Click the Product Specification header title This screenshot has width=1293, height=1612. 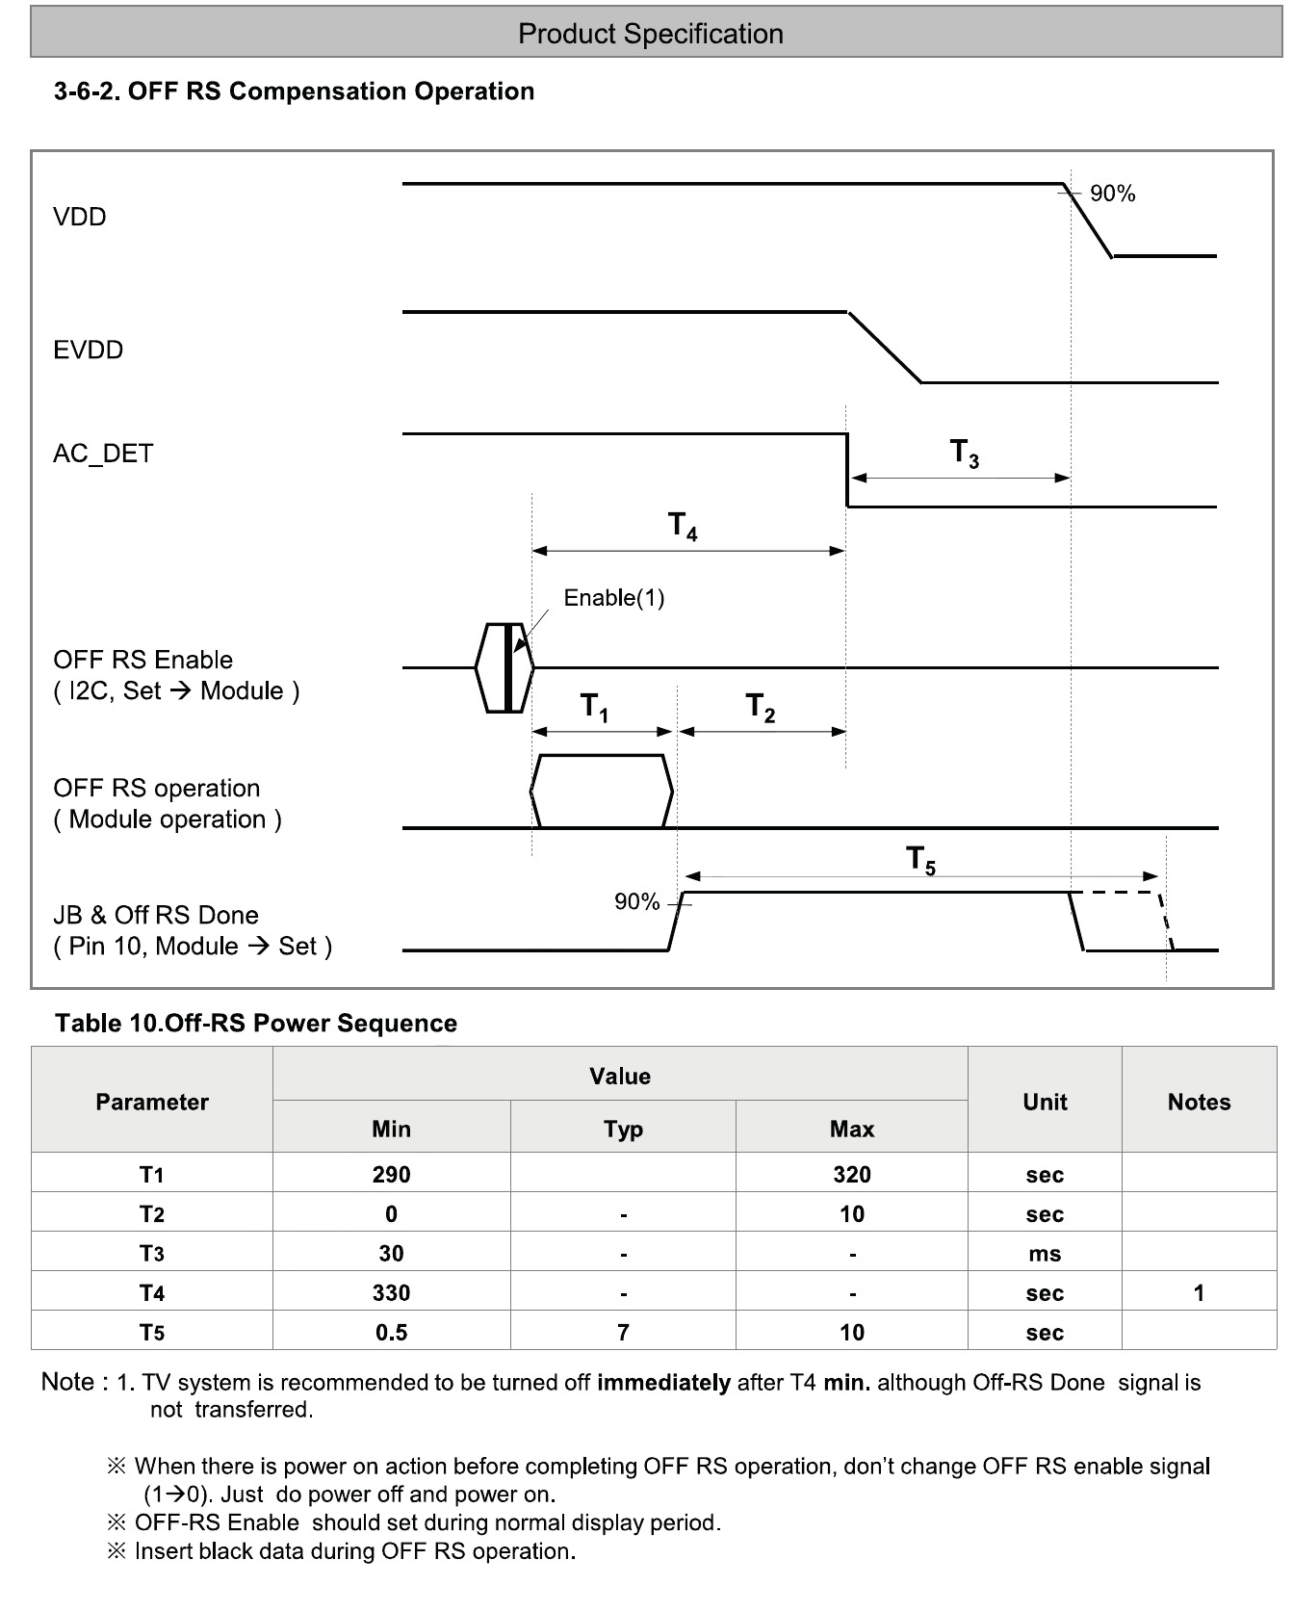point(650,35)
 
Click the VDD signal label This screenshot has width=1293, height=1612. point(80,217)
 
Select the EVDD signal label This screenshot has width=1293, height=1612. point(89,350)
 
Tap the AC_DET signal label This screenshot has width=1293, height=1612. point(103,454)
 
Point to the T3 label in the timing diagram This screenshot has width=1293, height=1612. point(964,453)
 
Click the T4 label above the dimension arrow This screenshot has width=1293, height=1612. point(683,527)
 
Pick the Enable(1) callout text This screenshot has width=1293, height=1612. point(613,598)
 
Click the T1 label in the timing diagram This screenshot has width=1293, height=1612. point(594,708)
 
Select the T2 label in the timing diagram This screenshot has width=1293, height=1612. point(761,708)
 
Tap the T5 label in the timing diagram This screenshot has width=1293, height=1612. point(921,859)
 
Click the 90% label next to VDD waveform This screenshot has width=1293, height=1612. point(1112,195)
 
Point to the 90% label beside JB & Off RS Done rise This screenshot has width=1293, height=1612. point(636,902)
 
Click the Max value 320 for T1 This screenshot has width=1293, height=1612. point(852,1175)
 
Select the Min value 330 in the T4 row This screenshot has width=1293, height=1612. point(391,1293)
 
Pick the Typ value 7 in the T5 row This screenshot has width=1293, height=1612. point(623,1333)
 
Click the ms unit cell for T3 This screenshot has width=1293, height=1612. point(1045,1254)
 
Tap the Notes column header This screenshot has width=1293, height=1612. point(1199,1102)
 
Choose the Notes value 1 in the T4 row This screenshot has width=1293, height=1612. point(1199,1293)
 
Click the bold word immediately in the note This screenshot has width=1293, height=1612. point(663,1383)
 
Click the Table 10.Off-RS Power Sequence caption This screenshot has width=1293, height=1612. point(256,1023)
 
